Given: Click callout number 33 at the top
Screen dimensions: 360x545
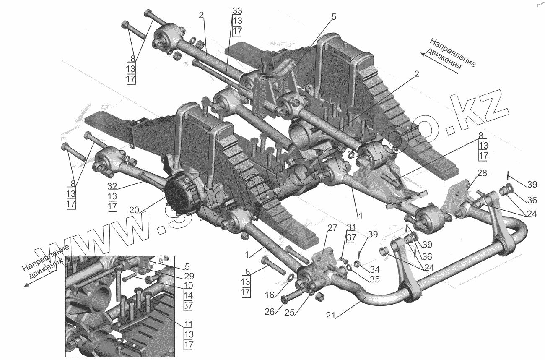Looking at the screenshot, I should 237,10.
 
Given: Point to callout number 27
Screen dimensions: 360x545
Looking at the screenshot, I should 332,229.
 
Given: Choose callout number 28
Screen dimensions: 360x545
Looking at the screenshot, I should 482,174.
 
